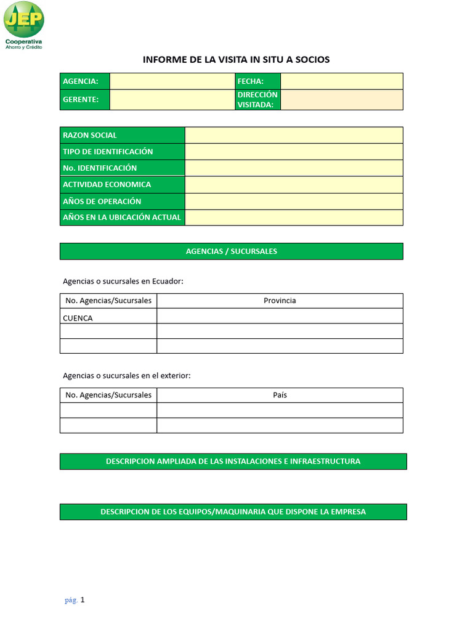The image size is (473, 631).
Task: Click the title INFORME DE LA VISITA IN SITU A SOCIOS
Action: (x=236, y=60)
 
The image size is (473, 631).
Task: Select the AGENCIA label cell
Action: (x=84, y=81)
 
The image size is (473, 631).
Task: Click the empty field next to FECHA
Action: (x=341, y=81)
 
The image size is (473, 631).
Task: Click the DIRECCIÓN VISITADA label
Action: (x=257, y=100)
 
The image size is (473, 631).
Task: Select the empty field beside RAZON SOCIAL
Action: (x=294, y=135)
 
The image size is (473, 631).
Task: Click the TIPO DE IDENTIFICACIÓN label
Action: (x=108, y=152)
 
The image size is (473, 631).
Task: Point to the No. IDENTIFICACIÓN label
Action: (x=100, y=168)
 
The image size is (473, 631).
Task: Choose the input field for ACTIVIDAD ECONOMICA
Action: (x=294, y=185)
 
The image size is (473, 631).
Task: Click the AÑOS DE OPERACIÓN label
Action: (x=102, y=202)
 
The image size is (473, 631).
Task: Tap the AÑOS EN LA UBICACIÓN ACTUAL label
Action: (x=122, y=218)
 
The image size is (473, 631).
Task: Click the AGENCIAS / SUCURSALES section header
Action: (x=232, y=251)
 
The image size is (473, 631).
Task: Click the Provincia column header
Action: (x=280, y=301)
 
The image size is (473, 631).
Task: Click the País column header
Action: (x=280, y=395)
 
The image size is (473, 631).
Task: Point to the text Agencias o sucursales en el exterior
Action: (x=127, y=376)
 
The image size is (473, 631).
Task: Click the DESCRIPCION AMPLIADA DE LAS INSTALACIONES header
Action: (x=233, y=462)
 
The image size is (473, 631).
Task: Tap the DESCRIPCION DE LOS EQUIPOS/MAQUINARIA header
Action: (x=233, y=512)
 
